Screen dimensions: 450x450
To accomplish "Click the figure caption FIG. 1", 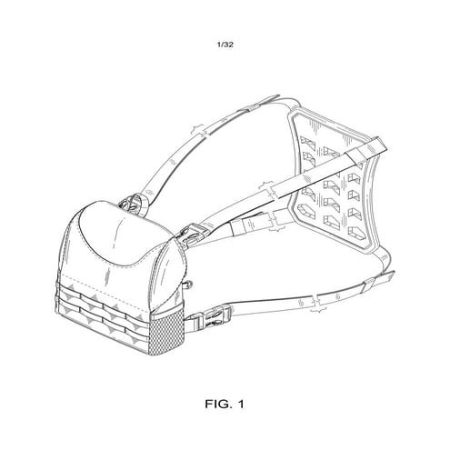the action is pyautogui.click(x=225, y=401).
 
